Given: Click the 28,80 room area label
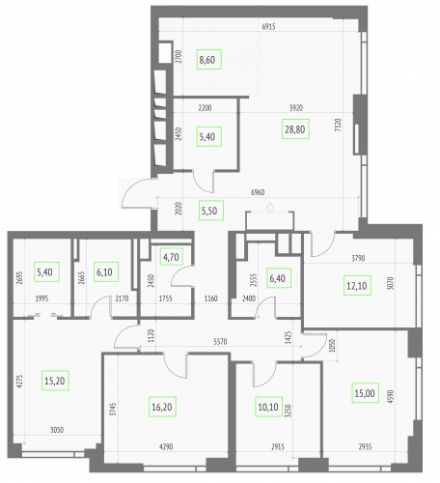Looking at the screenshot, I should pos(295,128).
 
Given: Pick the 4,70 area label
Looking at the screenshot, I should pos(170,257).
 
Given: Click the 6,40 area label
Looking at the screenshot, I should pos(276,280).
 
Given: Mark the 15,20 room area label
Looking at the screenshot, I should pos(55,381).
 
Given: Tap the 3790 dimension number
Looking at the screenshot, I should pos(357,258).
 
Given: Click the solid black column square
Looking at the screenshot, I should pos(165,55).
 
